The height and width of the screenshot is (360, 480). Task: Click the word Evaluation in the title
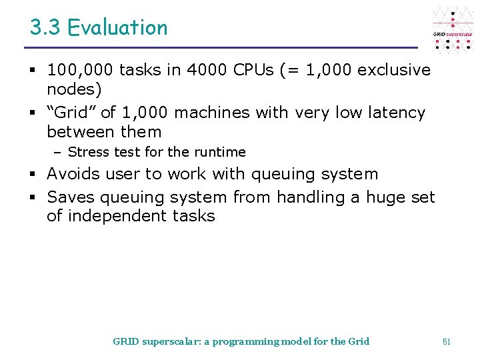pyautogui.click(x=117, y=28)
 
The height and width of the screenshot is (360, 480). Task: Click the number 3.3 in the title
pyautogui.click(x=45, y=28)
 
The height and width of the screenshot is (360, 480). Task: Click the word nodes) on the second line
pyautogui.click(x=74, y=89)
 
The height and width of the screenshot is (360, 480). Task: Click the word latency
pyautogui.click(x=395, y=113)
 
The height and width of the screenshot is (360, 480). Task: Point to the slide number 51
pyautogui.click(x=447, y=342)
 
